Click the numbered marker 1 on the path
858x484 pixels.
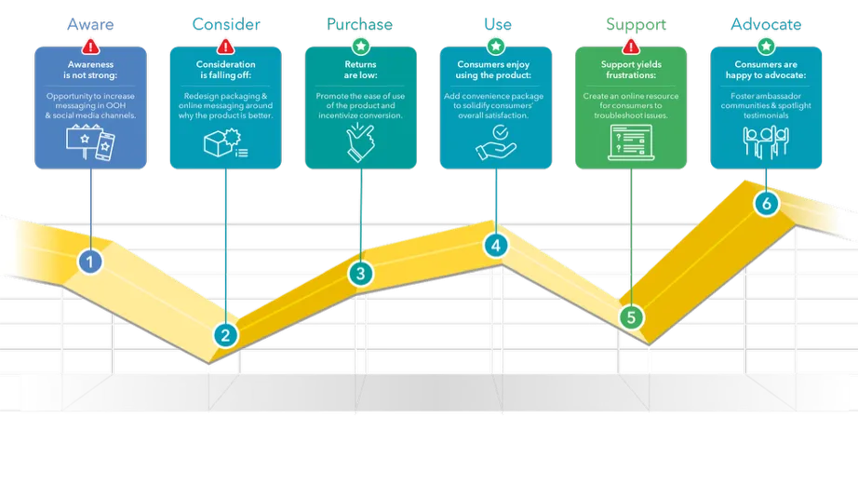89,262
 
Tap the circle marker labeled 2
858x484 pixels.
224,334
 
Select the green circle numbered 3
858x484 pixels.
360,274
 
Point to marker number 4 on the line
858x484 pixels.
496,246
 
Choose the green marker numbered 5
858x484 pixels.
631,316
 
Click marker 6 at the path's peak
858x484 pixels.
766,203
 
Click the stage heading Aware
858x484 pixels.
90,23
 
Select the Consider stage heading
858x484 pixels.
225,23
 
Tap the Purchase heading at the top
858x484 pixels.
360,23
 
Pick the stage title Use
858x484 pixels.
496,23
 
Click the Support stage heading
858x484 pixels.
631,23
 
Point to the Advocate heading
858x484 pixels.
766,23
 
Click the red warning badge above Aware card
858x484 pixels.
90,46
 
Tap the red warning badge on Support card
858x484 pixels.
631,46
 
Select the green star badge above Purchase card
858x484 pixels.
360,46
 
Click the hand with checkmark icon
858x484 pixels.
495,141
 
